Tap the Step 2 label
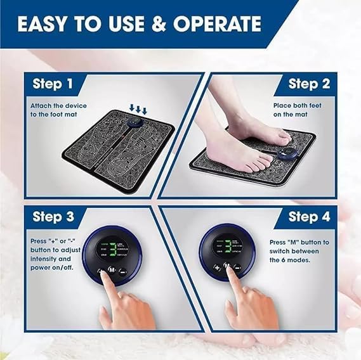pyautogui.click(x=309, y=84)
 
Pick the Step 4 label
pyautogui.click(x=309, y=217)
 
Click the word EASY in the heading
pyautogui.click(x=45, y=24)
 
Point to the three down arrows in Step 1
pyautogui.click(x=138, y=109)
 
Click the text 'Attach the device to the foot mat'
pyautogui.click(x=58, y=110)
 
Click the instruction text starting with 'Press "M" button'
pyautogui.click(x=299, y=251)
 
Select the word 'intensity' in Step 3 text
pyautogui.click(x=44, y=259)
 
